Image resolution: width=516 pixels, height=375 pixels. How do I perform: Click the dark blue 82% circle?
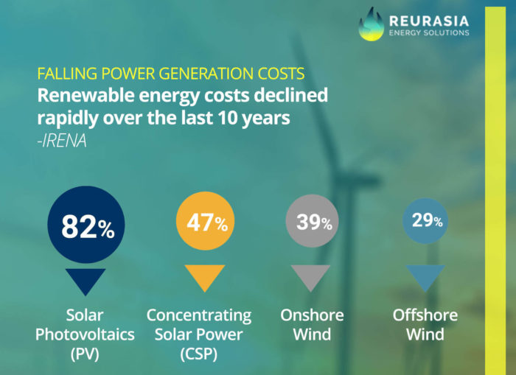tap(86, 225)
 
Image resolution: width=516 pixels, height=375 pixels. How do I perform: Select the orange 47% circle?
tap(206, 221)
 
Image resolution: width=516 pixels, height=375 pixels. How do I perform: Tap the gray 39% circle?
tap(312, 221)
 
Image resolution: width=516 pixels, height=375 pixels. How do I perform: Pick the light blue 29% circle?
tap(425, 221)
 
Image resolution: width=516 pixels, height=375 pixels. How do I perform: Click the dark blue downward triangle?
tap(86, 280)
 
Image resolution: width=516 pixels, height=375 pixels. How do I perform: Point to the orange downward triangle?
tap(205, 276)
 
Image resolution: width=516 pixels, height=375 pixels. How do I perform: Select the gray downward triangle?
tap(310, 276)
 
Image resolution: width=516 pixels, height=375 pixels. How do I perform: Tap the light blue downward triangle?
tap(425, 276)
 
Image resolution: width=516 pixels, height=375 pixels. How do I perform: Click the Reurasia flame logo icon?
tap(372, 24)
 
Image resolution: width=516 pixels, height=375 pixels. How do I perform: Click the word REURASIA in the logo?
tap(429, 21)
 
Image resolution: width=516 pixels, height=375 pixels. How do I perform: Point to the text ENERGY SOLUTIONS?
tap(429, 32)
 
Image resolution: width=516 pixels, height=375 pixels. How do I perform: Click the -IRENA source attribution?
tap(62, 141)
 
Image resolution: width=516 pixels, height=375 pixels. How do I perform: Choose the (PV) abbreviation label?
tap(85, 354)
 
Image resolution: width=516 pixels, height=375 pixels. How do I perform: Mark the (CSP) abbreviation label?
tap(199, 354)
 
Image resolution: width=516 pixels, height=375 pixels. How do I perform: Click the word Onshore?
tap(312, 315)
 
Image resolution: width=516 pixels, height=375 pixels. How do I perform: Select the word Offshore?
tap(425, 315)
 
